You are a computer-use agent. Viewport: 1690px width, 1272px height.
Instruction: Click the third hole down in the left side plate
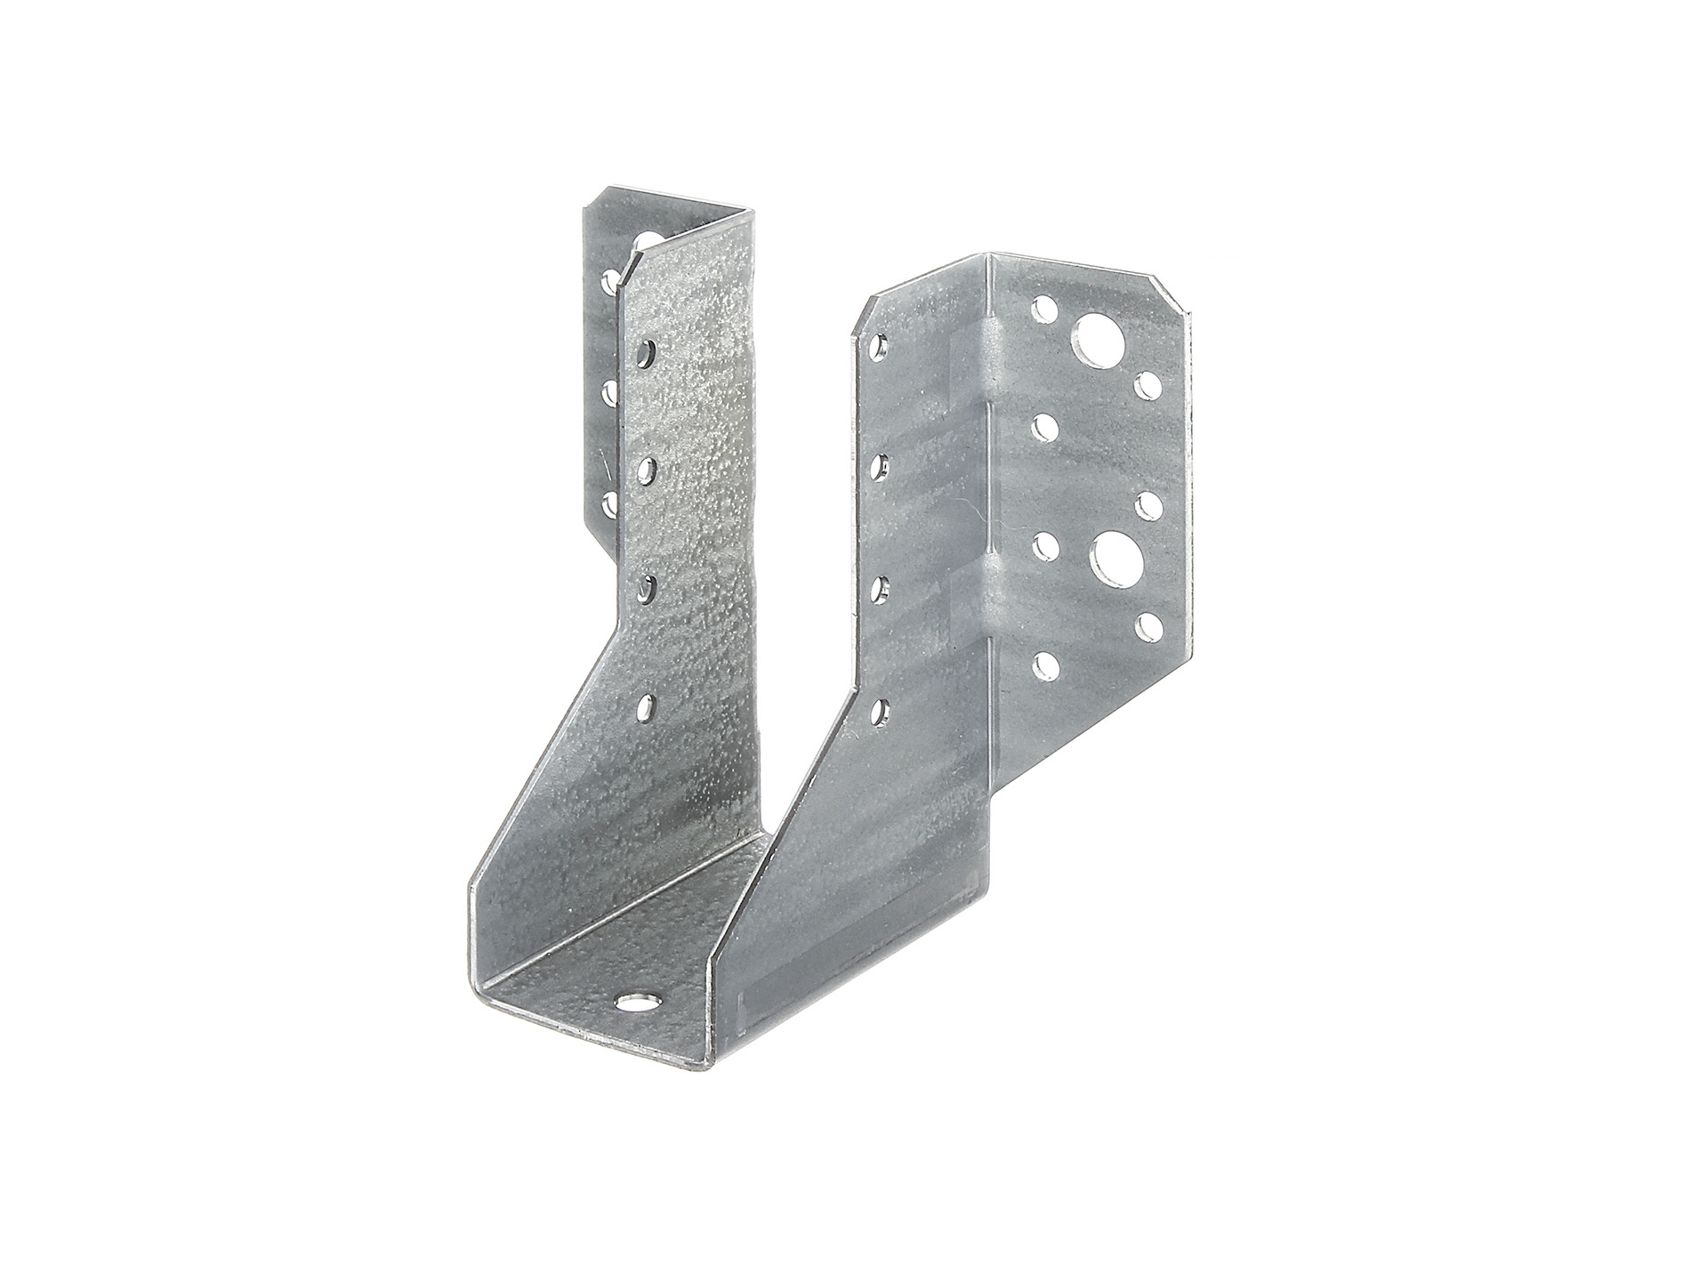point(647,587)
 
